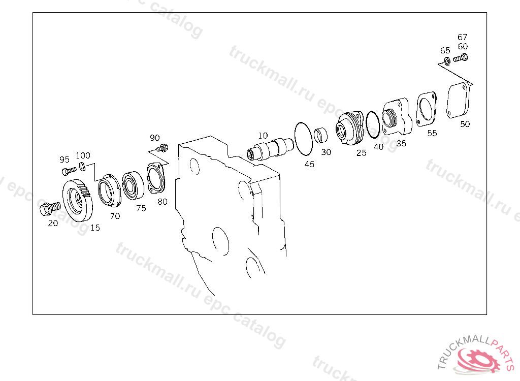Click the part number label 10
coord(263,136)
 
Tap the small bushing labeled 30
coord(321,135)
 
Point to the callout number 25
coord(361,153)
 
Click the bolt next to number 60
coord(460,58)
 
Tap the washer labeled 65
coord(447,61)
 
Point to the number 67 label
coord(462,37)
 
